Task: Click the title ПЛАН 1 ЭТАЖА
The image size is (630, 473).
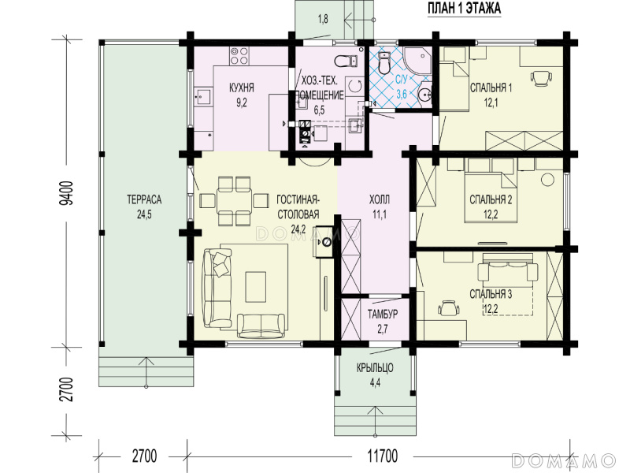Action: (x=464, y=8)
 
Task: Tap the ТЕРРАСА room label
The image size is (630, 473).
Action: (x=144, y=199)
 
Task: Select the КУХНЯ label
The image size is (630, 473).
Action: (x=242, y=88)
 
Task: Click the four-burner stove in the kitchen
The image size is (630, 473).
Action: (x=239, y=55)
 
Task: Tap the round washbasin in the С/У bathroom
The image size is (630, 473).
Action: (x=424, y=95)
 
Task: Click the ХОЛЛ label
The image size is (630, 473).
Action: (x=380, y=199)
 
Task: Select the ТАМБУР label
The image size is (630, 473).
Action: (x=383, y=314)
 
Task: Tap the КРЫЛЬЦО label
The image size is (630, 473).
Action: (x=375, y=367)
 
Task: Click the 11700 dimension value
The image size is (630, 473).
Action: (x=382, y=456)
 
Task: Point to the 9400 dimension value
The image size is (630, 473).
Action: (x=67, y=193)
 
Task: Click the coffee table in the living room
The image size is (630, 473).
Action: (x=256, y=287)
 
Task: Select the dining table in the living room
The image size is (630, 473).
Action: (x=234, y=201)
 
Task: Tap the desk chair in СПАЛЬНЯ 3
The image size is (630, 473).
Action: (x=448, y=309)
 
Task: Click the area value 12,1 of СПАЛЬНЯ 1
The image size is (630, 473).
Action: (x=491, y=103)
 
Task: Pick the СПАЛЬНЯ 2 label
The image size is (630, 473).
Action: (x=491, y=199)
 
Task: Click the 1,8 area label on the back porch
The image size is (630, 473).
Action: (x=323, y=19)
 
